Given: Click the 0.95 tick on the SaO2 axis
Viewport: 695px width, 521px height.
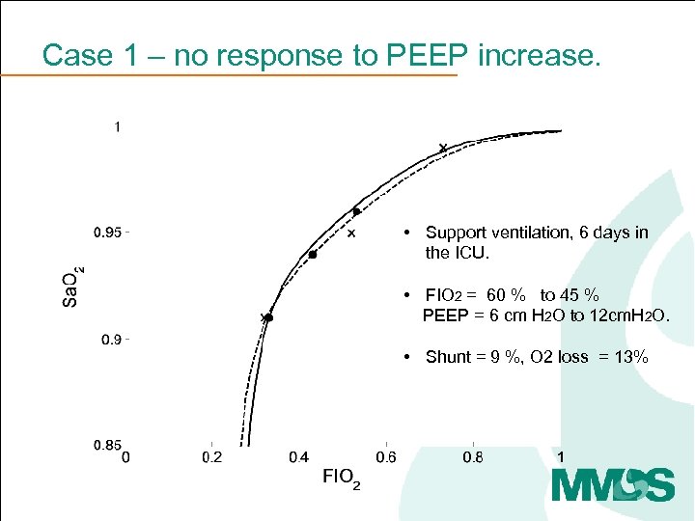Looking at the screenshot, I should tap(107, 232).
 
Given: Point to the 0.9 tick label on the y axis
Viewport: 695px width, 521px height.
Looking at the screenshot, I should tap(107, 339).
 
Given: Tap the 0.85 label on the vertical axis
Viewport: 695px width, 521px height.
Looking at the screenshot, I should tap(107, 445).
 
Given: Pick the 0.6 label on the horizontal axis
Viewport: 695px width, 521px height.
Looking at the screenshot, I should tap(385, 457).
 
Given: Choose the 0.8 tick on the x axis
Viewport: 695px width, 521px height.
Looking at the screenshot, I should tap(473, 457).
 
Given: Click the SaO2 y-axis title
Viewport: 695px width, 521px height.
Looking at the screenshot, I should tap(72, 286).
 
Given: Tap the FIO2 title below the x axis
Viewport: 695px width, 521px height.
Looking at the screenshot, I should tap(341, 478).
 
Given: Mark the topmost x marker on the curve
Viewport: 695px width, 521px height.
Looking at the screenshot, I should tap(443, 148).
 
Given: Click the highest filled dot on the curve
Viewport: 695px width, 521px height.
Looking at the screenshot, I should tap(356, 211).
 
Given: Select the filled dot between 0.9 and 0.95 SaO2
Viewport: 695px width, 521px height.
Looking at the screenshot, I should tap(313, 255).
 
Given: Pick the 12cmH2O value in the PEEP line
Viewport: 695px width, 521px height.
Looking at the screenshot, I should tap(625, 315).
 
